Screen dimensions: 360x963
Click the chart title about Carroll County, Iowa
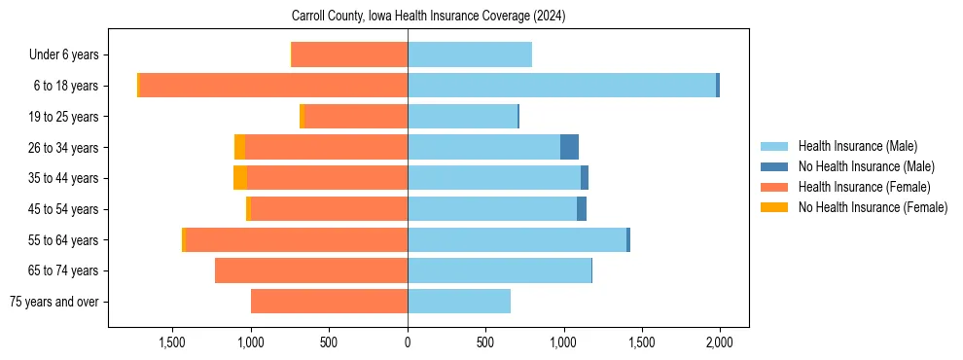[x=428, y=17]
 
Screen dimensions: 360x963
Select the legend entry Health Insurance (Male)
[x=857, y=146]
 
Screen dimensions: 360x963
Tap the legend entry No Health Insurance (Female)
[x=873, y=207]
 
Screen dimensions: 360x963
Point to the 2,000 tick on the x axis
[x=720, y=342]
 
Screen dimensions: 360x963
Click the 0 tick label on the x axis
[x=408, y=342]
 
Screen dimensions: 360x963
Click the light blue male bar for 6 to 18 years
[x=561, y=86]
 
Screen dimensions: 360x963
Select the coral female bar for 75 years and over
[x=329, y=302]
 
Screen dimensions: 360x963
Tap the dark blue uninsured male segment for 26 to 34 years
[x=569, y=147]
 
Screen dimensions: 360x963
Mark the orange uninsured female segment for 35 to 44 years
[x=239, y=178]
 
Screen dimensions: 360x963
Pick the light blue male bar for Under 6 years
[x=470, y=54]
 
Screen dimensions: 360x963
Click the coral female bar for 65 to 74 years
[x=311, y=270]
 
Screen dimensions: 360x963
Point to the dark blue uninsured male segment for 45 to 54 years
[x=582, y=209]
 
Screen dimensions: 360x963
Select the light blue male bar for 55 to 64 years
[x=517, y=239]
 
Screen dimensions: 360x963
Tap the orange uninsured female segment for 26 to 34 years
[x=239, y=147]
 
